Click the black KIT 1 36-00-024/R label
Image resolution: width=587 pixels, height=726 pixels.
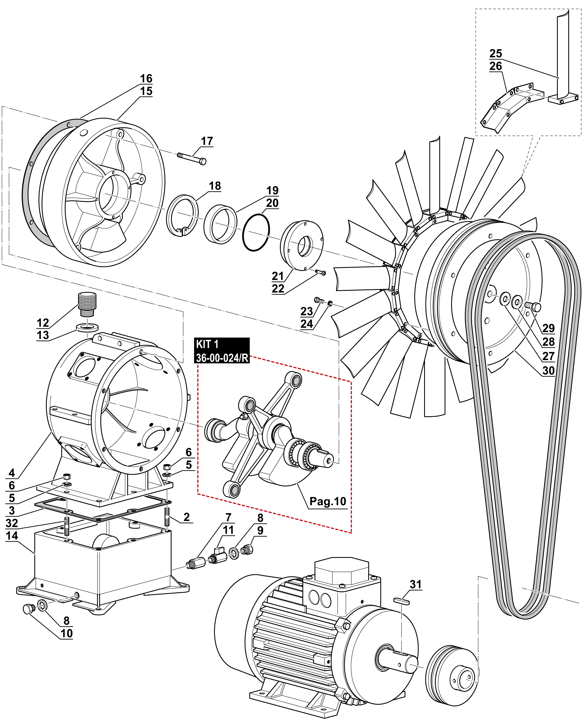coord(222,351)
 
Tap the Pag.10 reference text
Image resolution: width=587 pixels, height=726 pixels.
coord(328,501)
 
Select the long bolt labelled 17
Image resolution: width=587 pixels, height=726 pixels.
coord(191,158)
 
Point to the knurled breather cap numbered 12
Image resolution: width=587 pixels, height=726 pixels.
coord(87,303)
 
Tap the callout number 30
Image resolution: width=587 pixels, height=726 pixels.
coord(548,371)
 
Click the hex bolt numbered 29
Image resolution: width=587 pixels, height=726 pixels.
coord(534,306)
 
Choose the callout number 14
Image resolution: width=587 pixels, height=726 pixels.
coord(12,536)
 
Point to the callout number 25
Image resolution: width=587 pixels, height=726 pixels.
coord(496,53)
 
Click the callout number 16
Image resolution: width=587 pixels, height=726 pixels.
coord(146,79)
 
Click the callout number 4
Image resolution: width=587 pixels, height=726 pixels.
coord(12,473)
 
